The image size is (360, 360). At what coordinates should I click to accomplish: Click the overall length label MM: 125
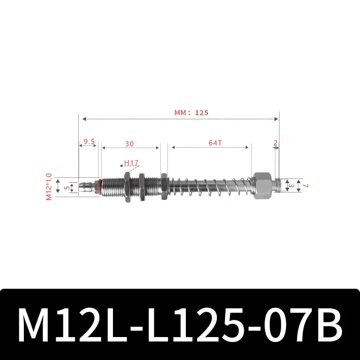click(x=192, y=113)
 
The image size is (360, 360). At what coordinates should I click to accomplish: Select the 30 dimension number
click(x=130, y=144)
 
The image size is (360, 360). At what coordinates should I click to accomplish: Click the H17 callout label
click(x=131, y=162)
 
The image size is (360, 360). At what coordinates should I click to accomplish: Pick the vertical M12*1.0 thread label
click(x=49, y=187)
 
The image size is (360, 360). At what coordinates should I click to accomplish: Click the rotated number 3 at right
click(x=292, y=185)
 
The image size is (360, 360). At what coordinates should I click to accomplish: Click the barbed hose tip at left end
click(x=87, y=186)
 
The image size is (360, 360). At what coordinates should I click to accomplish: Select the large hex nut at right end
click(x=263, y=185)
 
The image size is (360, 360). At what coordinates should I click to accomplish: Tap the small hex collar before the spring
click(x=164, y=186)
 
